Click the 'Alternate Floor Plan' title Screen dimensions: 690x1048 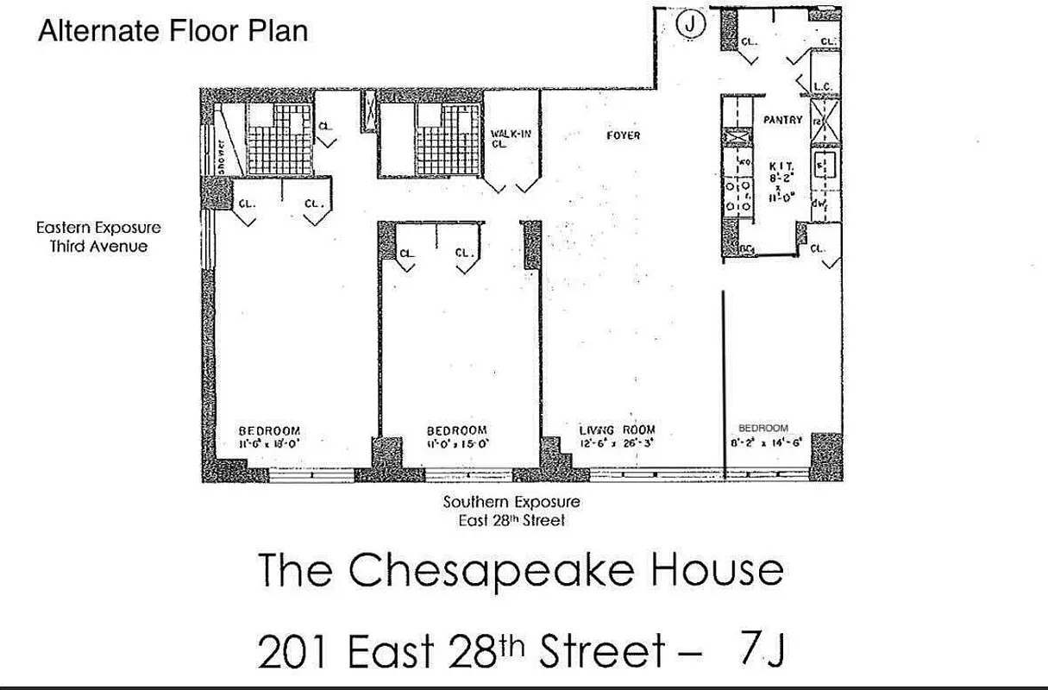coord(173,31)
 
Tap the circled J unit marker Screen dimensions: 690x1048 coord(690,25)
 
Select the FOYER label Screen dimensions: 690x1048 coord(623,135)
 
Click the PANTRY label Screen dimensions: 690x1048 coord(782,121)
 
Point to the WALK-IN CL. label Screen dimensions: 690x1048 coord(509,139)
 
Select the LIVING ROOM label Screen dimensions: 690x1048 coord(617,430)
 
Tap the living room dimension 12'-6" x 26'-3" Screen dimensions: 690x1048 coord(617,443)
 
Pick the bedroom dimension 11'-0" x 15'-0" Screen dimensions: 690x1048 coord(457,443)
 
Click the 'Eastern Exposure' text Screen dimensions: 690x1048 coord(98,229)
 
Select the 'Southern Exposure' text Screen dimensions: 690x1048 coord(511,502)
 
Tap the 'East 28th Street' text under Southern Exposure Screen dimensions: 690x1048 coord(511,520)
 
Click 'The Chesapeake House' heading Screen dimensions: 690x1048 coord(521,571)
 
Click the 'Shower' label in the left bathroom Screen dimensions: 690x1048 coord(222,156)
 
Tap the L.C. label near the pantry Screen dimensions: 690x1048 coord(822,86)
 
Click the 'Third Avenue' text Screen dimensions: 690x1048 coord(98,247)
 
